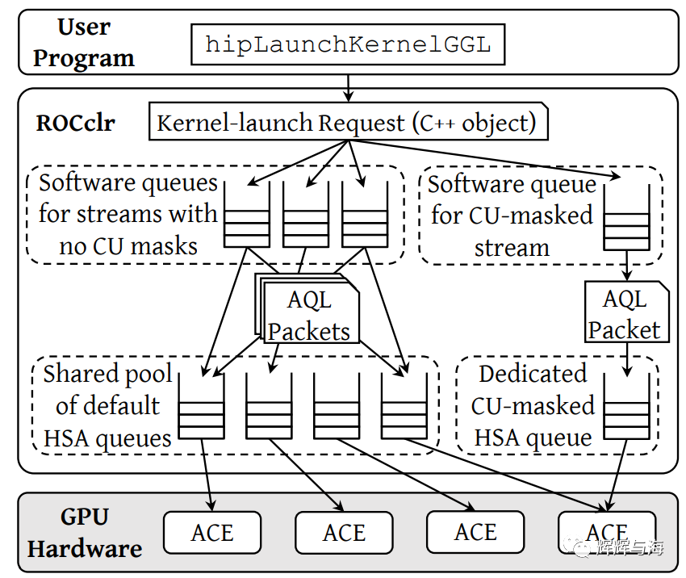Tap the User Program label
[83, 43]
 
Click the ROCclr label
[76, 124]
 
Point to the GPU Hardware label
[84, 533]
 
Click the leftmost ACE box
[212, 533]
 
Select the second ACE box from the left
[344, 533]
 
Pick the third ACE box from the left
[475, 533]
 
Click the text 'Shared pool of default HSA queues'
[107, 406]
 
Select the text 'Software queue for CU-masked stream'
[512, 216]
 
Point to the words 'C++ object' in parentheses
[475, 124]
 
